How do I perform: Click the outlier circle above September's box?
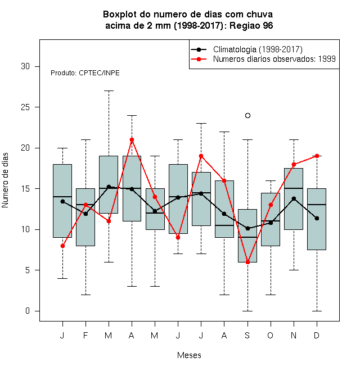(x=247, y=115)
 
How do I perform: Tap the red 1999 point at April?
(x=132, y=139)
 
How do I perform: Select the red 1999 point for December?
(x=317, y=156)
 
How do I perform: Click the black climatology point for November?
(x=294, y=198)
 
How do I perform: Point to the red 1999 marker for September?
(x=247, y=262)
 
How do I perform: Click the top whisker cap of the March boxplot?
(x=109, y=91)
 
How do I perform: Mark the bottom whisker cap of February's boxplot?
(x=85, y=295)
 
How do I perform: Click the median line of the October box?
(x=271, y=221)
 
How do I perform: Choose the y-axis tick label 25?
(x=25, y=107)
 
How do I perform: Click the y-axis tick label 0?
(x=28, y=311)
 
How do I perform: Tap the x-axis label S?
(x=247, y=335)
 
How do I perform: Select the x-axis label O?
(x=270, y=335)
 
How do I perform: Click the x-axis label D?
(x=317, y=335)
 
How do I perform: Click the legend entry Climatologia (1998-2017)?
(x=258, y=49)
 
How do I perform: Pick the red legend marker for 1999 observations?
(x=199, y=59)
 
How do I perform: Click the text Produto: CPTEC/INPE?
(x=85, y=73)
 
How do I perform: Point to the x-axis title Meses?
(x=189, y=355)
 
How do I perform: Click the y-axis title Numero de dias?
(x=5, y=180)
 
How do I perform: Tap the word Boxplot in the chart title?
(x=120, y=15)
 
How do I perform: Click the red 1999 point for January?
(x=62, y=246)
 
